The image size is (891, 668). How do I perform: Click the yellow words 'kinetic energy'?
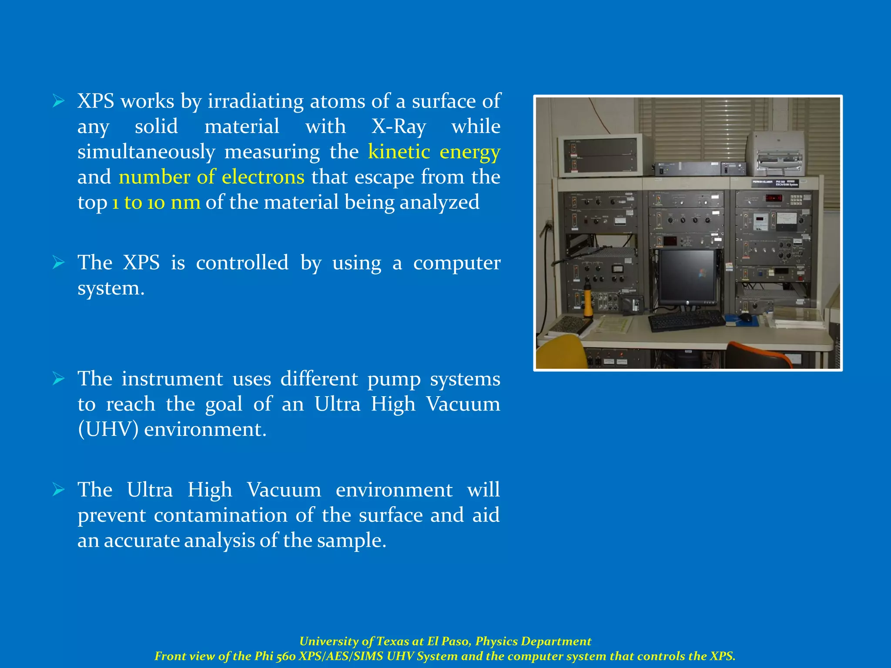pyautogui.click(x=434, y=152)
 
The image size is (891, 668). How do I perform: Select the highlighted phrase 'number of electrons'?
pyautogui.click(x=211, y=177)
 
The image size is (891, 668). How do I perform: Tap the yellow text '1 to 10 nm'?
pyautogui.click(x=156, y=202)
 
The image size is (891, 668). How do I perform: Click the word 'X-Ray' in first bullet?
pyautogui.click(x=399, y=127)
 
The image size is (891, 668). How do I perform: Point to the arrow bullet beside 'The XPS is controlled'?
pyautogui.click(x=58, y=263)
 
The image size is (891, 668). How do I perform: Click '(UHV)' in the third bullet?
pyautogui.click(x=108, y=429)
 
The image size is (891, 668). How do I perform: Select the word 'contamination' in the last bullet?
pyautogui.click(x=221, y=515)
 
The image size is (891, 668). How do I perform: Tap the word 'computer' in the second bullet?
pyautogui.click(x=456, y=263)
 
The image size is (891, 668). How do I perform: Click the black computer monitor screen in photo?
pyautogui.click(x=687, y=276)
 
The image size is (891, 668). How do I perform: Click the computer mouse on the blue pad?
pyautogui.click(x=745, y=317)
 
